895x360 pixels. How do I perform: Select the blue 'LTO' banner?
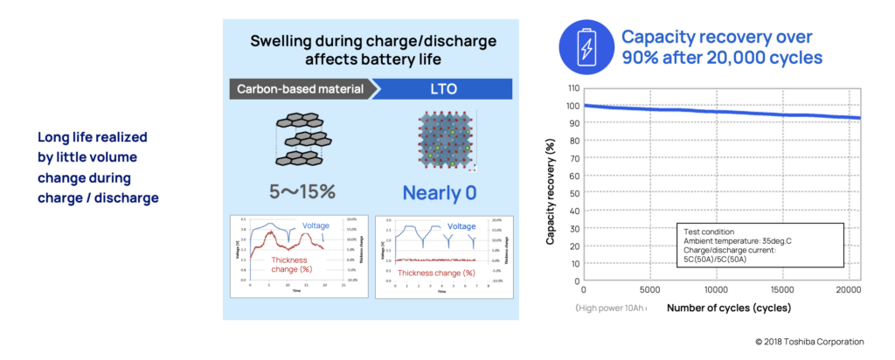[441, 87]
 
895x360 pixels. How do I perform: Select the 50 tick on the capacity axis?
[573, 193]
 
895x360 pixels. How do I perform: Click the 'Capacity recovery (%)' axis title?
[553, 192]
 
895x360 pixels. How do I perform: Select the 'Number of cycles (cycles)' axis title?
[728, 308]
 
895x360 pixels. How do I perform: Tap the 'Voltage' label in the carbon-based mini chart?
[316, 226]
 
